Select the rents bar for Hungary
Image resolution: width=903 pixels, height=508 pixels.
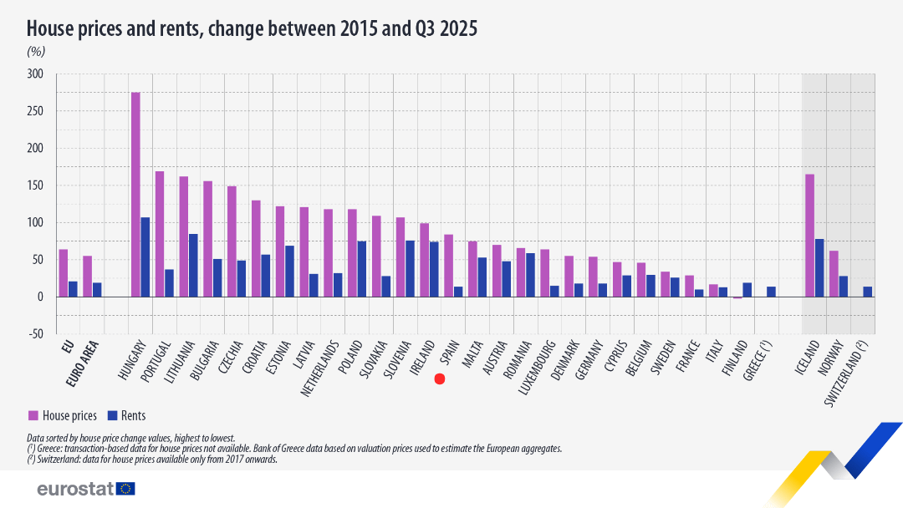click(x=145, y=257)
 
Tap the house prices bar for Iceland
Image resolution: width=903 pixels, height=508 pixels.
click(x=809, y=235)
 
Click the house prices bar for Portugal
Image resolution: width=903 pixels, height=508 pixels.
click(x=160, y=233)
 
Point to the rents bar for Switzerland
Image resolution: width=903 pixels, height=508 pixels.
click(x=867, y=292)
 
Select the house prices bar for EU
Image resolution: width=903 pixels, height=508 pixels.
click(x=64, y=272)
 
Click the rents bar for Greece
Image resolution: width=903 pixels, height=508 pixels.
click(x=771, y=292)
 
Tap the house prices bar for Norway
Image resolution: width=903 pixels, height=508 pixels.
click(x=834, y=273)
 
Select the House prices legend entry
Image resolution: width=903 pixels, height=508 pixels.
click(x=63, y=415)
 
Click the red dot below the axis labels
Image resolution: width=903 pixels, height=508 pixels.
click(x=440, y=378)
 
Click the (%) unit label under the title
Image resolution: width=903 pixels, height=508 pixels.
click(x=36, y=51)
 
